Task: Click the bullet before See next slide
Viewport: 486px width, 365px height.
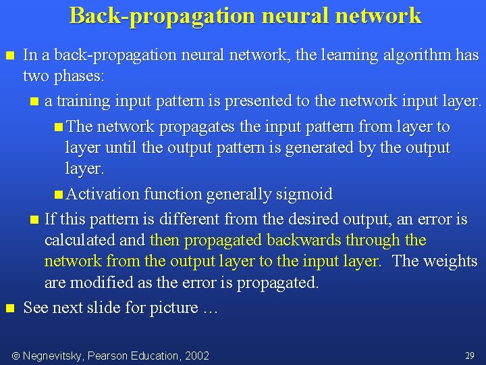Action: click(9, 308)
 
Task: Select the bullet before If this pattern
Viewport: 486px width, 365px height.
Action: click(35, 220)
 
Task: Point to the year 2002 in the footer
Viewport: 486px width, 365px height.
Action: click(194, 356)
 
